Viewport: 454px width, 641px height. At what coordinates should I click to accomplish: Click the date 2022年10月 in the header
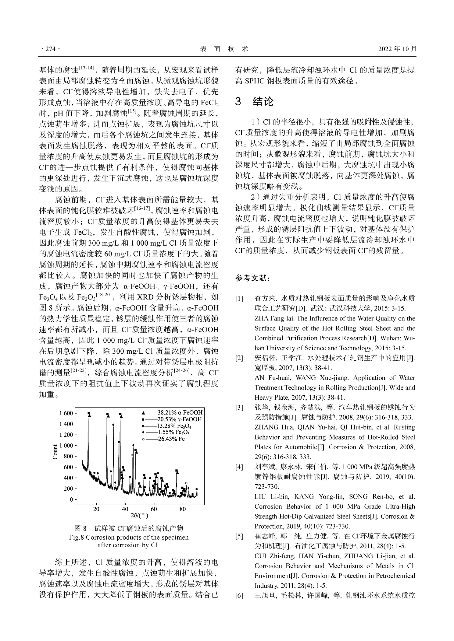(x=397, y=49)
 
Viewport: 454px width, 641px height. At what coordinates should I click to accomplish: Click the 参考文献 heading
(x=252, y=278)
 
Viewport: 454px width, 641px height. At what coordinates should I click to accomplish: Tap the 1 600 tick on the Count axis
(x=66, y=413)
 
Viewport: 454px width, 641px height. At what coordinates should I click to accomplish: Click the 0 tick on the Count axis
(x=71, y=500)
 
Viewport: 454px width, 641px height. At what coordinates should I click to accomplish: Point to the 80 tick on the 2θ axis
(x=183, y=509)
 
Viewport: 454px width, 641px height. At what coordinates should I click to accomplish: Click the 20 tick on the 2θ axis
(x=96, y=509)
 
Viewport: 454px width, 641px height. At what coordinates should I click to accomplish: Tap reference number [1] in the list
(x=239, y=299)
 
